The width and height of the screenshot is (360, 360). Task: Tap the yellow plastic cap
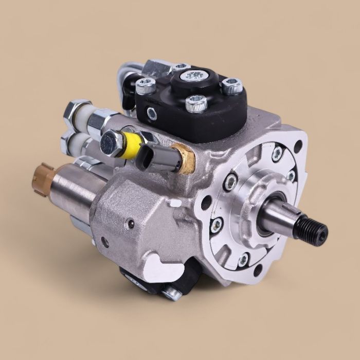132,145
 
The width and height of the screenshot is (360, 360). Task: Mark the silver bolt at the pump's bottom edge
171,294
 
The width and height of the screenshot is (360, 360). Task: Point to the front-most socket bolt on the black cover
196,104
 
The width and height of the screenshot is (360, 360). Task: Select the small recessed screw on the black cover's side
152,114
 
